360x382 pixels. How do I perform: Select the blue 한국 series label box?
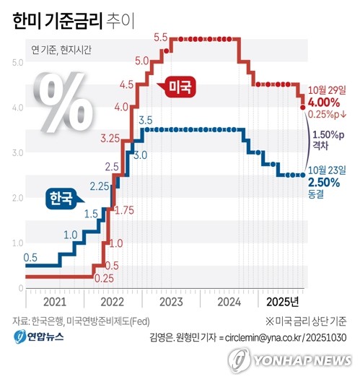(63, 197)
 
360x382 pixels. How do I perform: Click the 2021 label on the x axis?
(55, 300)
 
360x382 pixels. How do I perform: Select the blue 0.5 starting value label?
(31, 258)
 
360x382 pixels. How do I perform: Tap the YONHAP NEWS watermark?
(292, 359)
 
